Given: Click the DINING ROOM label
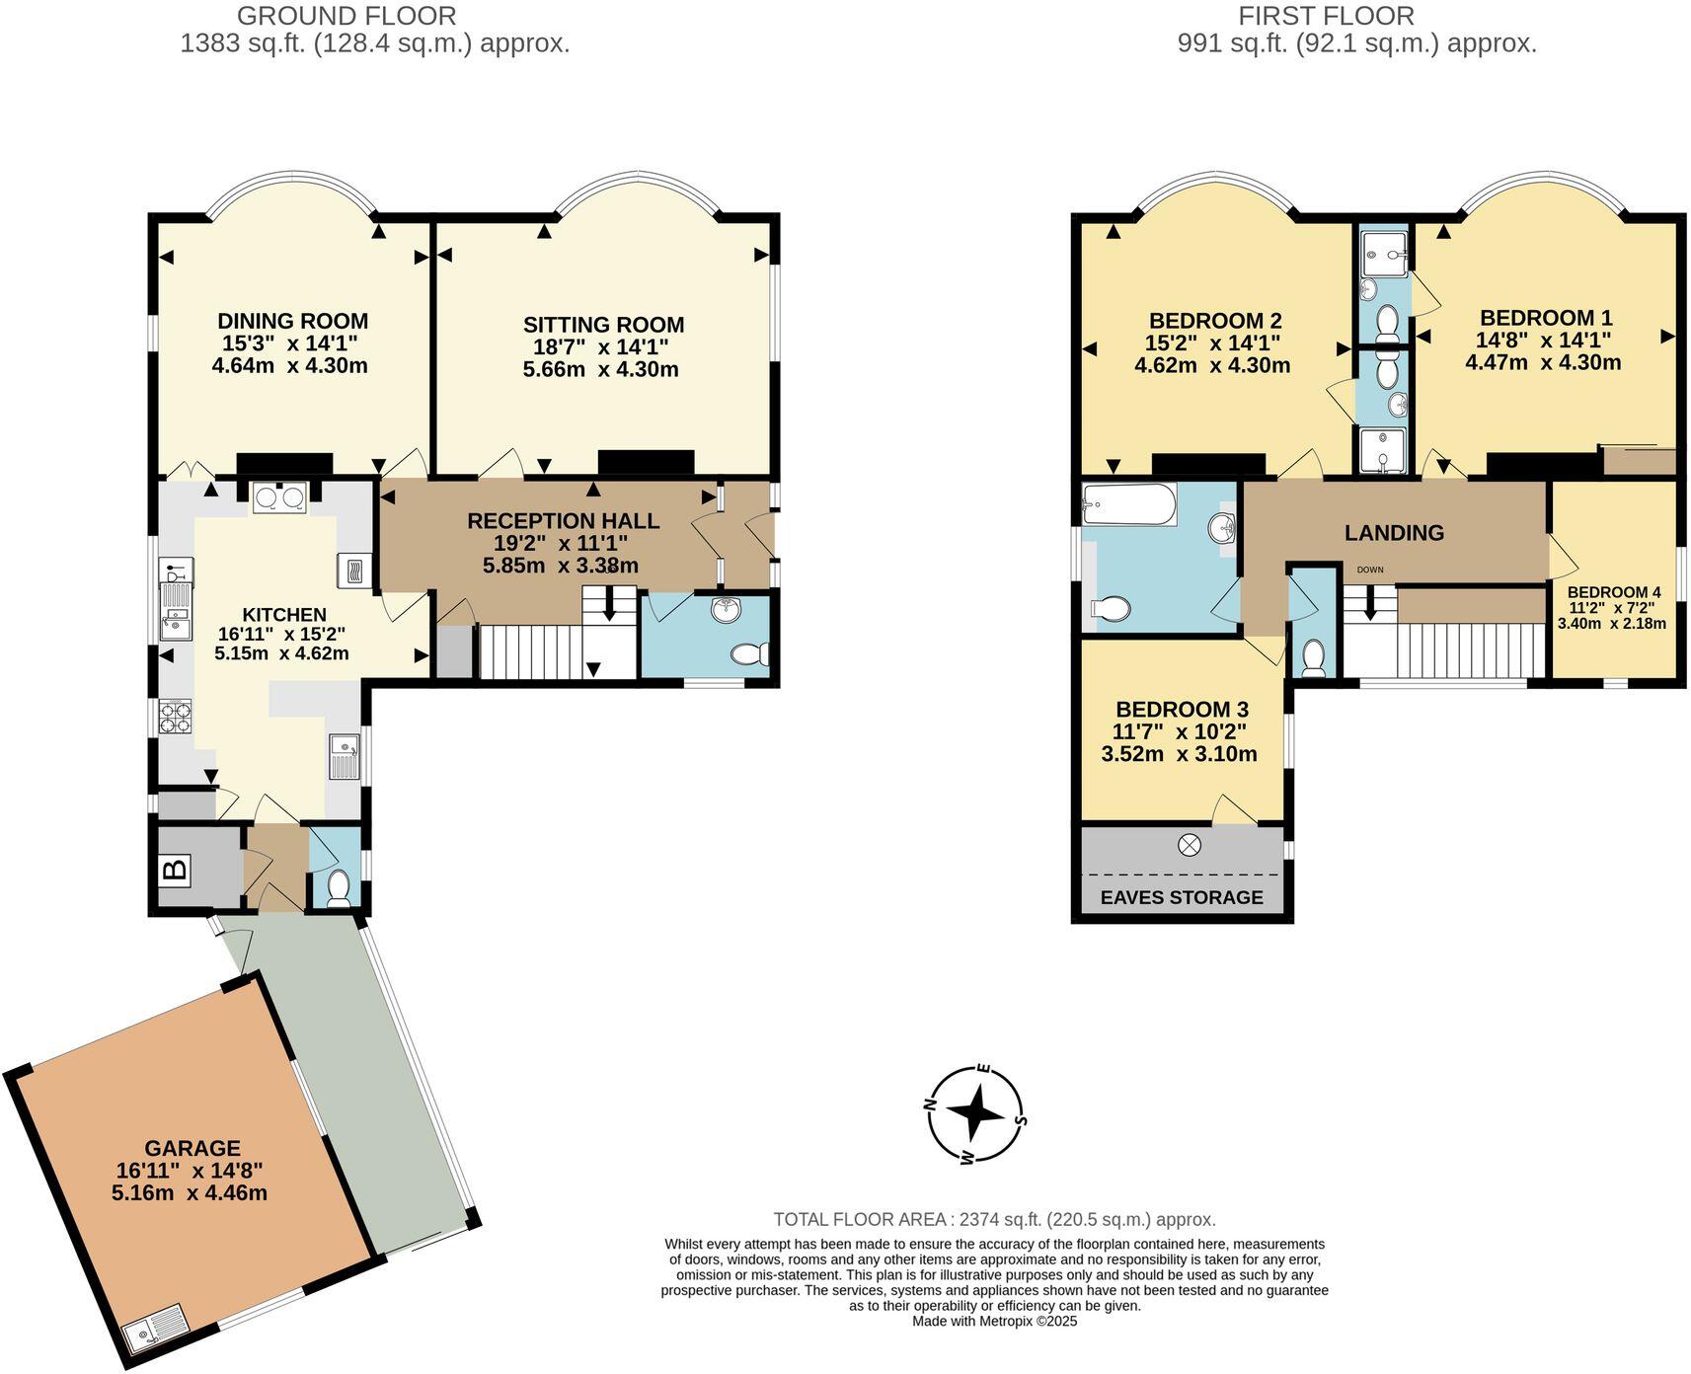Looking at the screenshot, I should pos(292,321).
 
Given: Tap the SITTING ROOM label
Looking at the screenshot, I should pos(603,325).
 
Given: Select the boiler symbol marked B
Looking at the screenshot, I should pos(175,870).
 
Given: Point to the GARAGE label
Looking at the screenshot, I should pos(192,1148).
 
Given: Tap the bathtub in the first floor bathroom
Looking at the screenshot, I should pos(1128,505).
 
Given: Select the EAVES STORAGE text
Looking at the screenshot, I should pos(1182,897).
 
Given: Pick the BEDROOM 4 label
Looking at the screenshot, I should pos(1614,592).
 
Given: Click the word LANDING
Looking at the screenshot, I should pos(1394,533).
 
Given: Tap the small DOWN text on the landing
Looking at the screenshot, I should pos(1370,570).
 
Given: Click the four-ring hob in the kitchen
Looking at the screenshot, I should pos(176,716).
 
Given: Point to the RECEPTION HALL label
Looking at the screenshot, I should pos(563,521).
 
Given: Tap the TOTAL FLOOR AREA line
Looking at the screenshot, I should pos(994,1219).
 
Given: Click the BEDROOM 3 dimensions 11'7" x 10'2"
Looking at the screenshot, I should pos(1181,732).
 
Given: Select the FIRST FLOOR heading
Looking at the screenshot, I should pos(1326,16).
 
